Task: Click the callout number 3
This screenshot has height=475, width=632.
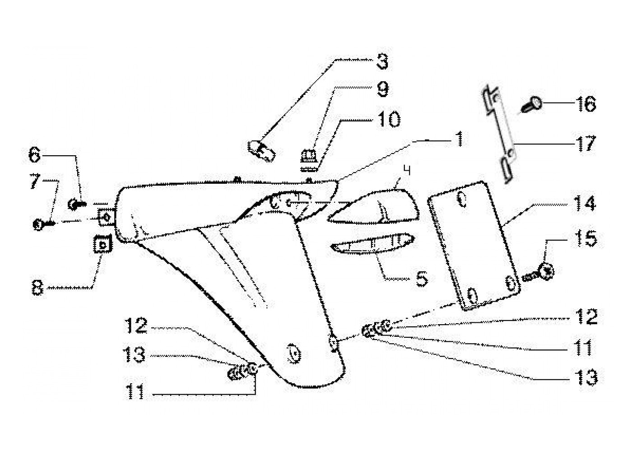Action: pyautogui.click(x=382, y=62)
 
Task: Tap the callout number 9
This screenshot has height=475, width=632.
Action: pyautogui.click(x=382, y=89)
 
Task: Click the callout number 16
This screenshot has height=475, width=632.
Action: pyautogui.click(x=586, y=105)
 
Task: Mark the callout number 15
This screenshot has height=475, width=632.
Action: pyautogui.click(x=586, y=238)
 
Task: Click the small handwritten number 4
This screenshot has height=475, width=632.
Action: pyautogui.click(x=407, y=171)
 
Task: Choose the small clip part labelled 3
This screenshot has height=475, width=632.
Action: pyautogui.click(x=261, y=149)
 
